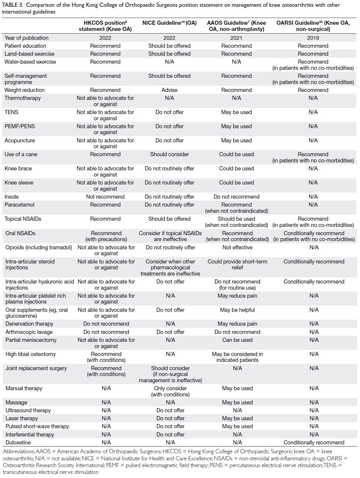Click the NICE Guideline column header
point(169,23)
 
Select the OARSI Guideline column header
point(313,26)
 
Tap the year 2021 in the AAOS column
point(236,38)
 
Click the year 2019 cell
point(313,38)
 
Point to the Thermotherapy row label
point(23,98)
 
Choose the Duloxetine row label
point(18,442)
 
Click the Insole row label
point(11,197)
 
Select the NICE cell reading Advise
point(169,90)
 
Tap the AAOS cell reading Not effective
point(237,247)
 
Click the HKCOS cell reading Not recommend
point(105,197)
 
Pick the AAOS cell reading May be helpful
point(237,310)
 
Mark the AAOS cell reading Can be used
point(237,340)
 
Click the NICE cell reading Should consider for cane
point(169,154)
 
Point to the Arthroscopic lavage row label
point(29,332)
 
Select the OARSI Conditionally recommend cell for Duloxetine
point(314,442)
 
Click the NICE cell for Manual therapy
point(170,391)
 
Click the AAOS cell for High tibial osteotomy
point(237,357)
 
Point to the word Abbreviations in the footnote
point(19,451)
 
